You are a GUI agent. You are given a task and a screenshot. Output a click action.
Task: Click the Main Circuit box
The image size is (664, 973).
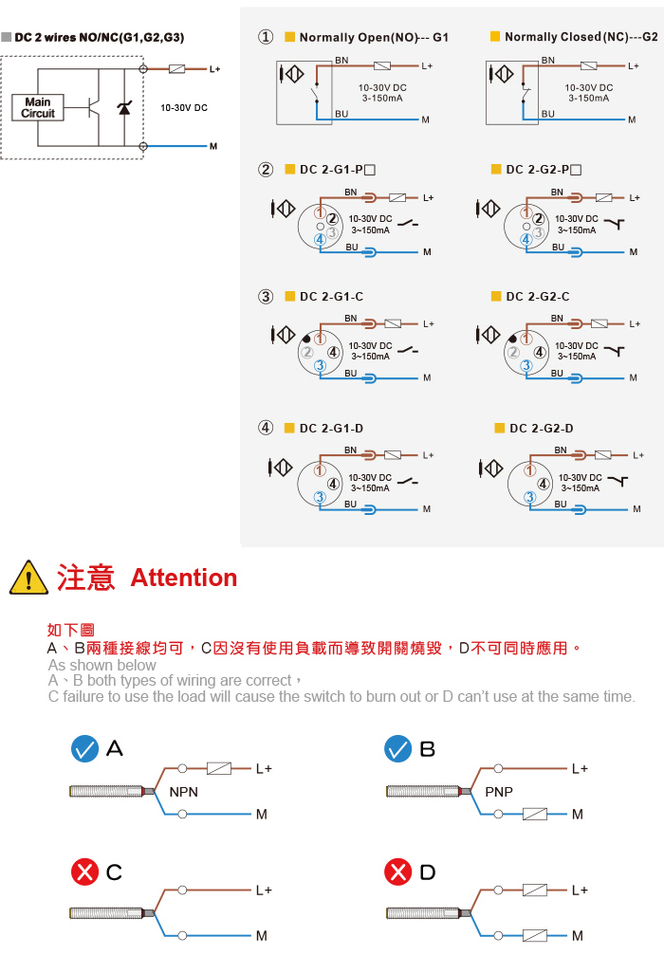point(38,107)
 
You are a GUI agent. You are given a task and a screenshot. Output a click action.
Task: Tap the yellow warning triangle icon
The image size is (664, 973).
point(28,578)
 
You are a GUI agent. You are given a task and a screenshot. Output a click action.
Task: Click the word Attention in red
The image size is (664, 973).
point(184,578)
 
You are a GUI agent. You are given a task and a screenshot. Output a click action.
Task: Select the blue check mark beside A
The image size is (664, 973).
point(85,749)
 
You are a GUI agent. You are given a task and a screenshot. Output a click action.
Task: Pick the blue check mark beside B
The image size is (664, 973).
point(397,749)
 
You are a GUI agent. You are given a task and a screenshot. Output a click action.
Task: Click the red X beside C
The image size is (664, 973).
point(85,872)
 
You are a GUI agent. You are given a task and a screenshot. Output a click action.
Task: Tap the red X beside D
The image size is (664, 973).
point(397,872)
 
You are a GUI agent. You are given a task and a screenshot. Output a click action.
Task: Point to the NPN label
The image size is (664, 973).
point(184,792)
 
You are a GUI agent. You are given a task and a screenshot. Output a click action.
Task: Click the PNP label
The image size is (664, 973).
point(499,792)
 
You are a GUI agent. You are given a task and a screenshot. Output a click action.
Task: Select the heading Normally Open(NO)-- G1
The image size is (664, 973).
point(374,37)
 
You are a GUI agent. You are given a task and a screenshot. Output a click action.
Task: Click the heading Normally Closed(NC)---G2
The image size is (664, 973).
point(581,37)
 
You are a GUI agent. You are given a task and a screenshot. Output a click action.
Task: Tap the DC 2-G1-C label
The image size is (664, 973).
point(331,297)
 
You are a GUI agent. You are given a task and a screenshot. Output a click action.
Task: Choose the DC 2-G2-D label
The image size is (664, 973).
point(541,428)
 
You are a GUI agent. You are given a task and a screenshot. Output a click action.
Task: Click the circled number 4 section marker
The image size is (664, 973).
point(266,428)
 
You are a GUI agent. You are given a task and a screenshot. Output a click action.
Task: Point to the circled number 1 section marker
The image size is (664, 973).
point(266,37)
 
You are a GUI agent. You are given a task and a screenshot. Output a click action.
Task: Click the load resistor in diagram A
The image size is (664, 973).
point(218,768)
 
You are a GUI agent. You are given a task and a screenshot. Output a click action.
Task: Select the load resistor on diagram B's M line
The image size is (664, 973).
point(534,814)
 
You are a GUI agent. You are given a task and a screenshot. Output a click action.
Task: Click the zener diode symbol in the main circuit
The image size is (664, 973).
point(124,108)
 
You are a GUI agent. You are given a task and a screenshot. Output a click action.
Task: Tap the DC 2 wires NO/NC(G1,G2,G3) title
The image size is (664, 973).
point(100,37)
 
